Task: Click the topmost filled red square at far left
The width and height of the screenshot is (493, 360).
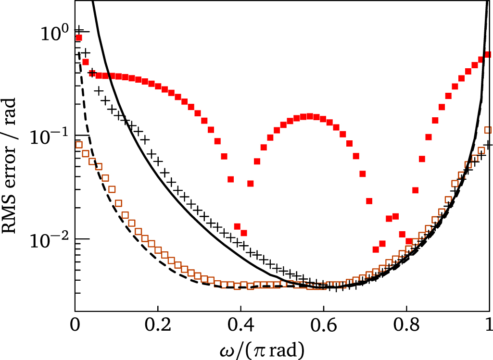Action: (x=79, y=38)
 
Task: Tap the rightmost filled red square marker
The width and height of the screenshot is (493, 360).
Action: (x=487, y=54)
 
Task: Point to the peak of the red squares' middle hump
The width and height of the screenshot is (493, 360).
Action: (x=310, y=116)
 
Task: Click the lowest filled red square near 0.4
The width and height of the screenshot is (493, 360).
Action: (x=244, y=233)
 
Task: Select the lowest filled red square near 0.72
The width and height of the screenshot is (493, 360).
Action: (x=376, y=249)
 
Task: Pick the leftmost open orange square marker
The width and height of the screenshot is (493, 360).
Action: (x=79, y=145)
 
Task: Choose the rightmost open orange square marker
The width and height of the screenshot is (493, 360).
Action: (x=488, y=130)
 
